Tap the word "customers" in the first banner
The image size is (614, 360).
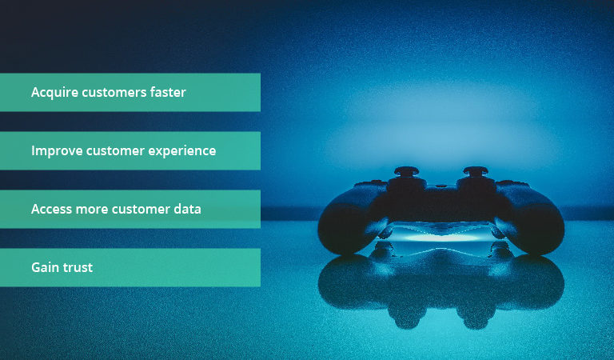click(x=114, y=93)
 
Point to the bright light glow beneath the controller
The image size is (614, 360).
click(x=440, y=237)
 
